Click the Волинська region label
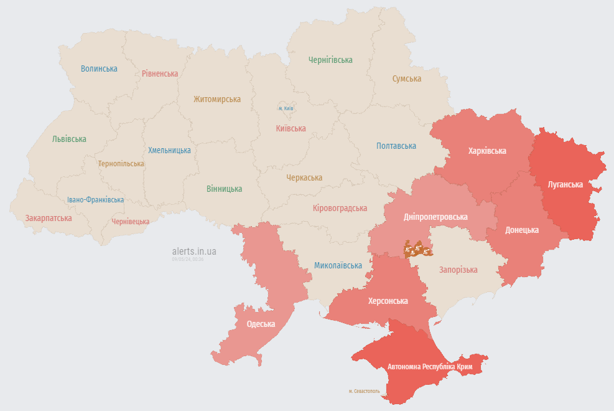pyautogui.click(x=99, y=69)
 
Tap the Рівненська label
pyautogui.click(x=159, y=73)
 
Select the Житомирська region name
pyautogui.click(x=216, y=99)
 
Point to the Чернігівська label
pyautogui.click(x=330, y=60)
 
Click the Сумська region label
pyautogui.click(x=406, y=79)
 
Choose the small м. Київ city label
pyautogui.click(x=286, y=108)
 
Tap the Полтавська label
pyautogui.click(x=396, y=146)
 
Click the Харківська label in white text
pyautogui.click(x=487, y=151)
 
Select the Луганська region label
pyautogui.click(x=565, y=185)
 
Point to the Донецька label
pyautogui.click(x=521, y=230)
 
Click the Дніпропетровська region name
pyautogui.click(x=435, y=217)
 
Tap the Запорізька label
pyautogui.click(x=458, y=270)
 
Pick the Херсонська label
pyautogui.click(x=388, y=301)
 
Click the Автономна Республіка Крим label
pyautogui.click(x=429, y=367)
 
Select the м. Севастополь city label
pyautogui.click(x=364, y=391)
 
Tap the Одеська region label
pyautogui.click(x=261, y=324)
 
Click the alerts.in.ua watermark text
pyautogui.click(x=194, y=252)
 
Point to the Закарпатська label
pyautogui.click(x=49, y=219)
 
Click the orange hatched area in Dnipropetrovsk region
pyautogui.click(x=417, y=250)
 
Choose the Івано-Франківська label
pyautogui.click(x=95, y=200)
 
